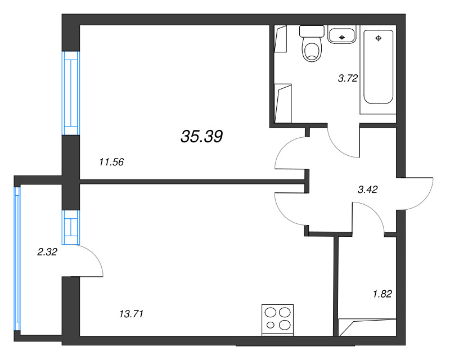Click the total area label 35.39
click(202, 136)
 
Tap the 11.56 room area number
click(111, 163)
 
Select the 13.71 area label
click(132, 314)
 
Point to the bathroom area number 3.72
click(348, 79)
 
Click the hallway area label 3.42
click(367, 190)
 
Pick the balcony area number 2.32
click(47, 253)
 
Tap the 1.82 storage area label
click(382, 293)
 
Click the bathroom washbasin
click(341, 35)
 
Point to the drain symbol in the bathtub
click(379, 38)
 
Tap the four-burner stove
click(278, 319)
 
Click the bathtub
click(379, 67)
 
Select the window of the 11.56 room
click(70, 93)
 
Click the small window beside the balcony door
click(70, 227)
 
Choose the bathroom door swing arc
click(343, 143)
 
